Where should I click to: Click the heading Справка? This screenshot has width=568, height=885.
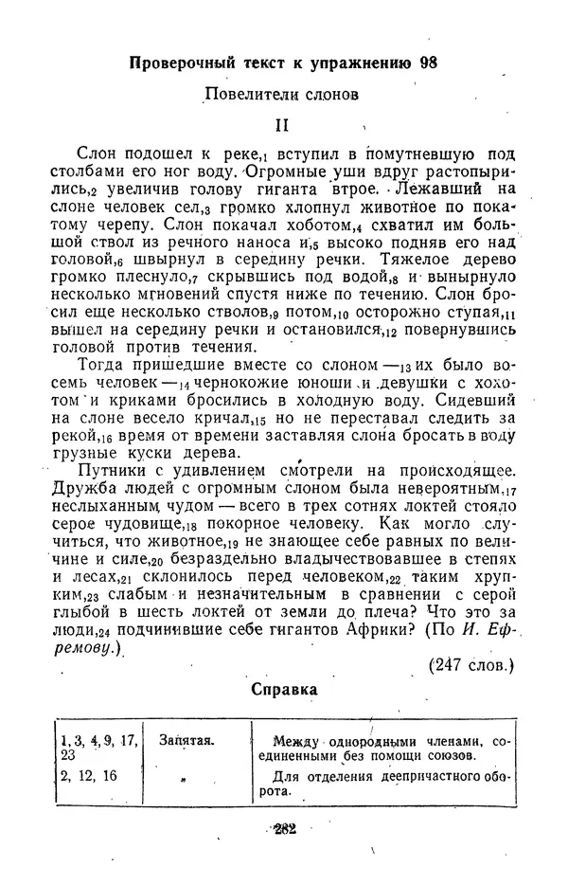tap(284, 690)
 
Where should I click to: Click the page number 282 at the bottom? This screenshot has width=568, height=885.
tap(284, 828)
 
